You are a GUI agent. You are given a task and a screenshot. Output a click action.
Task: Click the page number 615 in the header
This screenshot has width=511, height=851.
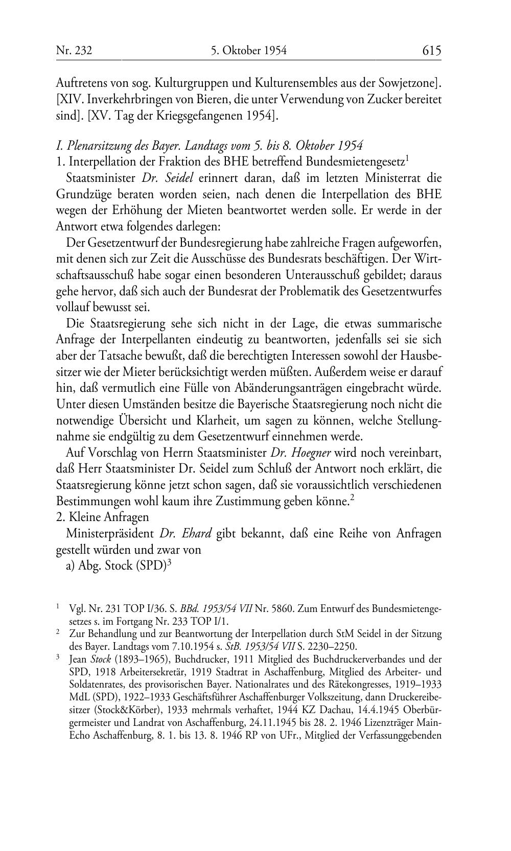[x=431, y=50]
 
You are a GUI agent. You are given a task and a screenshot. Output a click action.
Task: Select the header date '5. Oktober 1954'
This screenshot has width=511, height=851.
[x=248, y=50]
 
